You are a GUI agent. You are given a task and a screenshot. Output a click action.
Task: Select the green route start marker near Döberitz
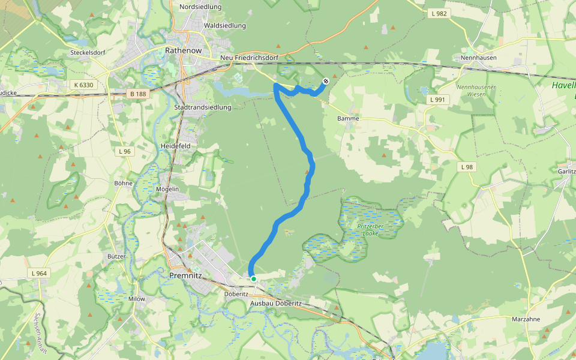[x=254, y=278]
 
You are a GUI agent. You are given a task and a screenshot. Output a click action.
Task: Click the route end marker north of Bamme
[x=326, y=81]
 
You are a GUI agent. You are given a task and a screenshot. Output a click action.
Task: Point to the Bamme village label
[x=348, y=119]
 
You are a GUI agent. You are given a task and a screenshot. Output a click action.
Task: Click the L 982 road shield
[x=439, y=13]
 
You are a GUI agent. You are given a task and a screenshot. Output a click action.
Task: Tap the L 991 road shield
[x=437, y=100]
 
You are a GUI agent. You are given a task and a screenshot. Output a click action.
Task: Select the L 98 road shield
[x=467, y=166]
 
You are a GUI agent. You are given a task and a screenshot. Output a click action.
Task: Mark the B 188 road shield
[x=137, y=94]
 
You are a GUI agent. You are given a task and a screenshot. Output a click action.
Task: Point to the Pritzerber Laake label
[x=367, y=229]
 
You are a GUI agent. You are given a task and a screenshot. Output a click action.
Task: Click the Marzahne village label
[x=526, y=319]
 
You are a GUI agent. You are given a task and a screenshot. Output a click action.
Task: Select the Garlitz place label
[x=566, y=171]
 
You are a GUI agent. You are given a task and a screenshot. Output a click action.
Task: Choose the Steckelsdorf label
[x=88, y=52]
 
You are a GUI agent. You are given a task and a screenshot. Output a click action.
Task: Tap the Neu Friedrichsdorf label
[x=249, y=58]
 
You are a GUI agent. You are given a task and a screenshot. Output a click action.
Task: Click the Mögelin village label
[x=167, y=189]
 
